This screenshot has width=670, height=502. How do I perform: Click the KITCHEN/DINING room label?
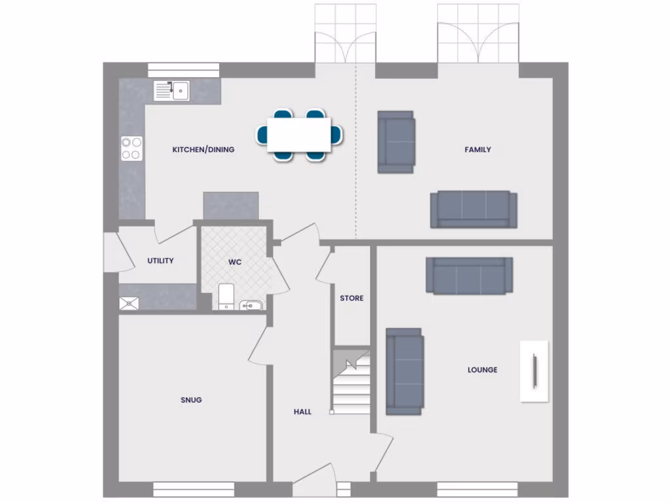point(203,150)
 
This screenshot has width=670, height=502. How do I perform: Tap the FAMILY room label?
point(478,150)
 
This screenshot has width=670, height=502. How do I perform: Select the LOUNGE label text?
point(482,369)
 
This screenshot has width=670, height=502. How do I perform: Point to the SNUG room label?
point(191,399)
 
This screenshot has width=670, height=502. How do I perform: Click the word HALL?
point(302,412)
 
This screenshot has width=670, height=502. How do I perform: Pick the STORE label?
point(351,298)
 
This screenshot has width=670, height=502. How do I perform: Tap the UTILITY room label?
point(160,261)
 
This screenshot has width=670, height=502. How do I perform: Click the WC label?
point(235,262)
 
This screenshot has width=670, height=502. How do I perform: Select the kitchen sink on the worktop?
point(172,90)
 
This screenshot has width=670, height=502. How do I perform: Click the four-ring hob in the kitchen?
point(131,148)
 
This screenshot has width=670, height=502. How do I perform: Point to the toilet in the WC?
point(224,295)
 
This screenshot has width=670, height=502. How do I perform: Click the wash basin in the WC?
point(251,305)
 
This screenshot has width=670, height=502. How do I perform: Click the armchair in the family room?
point(396,142)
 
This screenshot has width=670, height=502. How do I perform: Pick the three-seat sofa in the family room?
point(473,209)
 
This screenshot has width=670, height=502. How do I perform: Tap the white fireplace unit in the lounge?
point(535,371)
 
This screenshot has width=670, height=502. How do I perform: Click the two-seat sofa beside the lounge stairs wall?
point(404,371)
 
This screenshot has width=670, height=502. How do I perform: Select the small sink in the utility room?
point(129,303)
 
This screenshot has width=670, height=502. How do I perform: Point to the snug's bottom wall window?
point(194,489)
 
